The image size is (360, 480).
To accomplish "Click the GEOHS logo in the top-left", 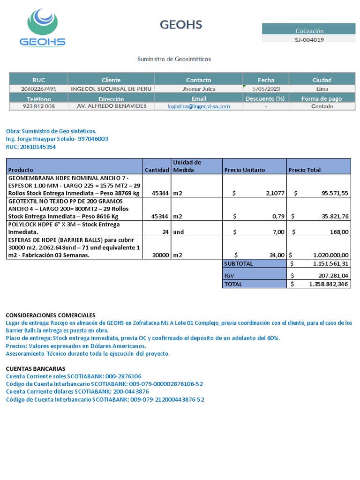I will pyautogui.click(x=43, y=28).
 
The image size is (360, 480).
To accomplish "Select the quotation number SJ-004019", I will pyautogui.click(x=309, y=39).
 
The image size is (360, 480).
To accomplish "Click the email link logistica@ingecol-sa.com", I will pyautogui.click(x=199, y=106).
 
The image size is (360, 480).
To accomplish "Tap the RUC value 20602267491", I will pyautogui.click(x=39, y=89).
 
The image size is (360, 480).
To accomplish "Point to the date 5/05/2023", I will pyautogui.click(x=266, y=89).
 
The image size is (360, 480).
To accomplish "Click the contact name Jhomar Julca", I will pyautogui.click(x=199, y=89).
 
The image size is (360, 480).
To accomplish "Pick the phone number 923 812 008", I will pyautogui.click(x=39, y=106).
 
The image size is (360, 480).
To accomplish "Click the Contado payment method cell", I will pyautogui.click(x=322, y=106).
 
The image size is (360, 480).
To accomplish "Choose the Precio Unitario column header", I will pyautogui.click(x=244, y=170).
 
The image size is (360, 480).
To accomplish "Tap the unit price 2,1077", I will pyautogui.click(x=275, y=193).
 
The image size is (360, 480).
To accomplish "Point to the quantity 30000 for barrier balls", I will pyautogui.click(x=160, y=255).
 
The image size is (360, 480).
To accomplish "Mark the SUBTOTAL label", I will pyautogui.click(x=239, y=263).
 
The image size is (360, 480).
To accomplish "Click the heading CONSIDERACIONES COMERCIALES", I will pyautogui.click(x=50, y=315).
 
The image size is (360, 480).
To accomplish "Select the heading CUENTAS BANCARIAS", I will pyautogui.click(x=36, y=368).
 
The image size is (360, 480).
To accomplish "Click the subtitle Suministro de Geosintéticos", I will pyautogui.click(x=174, y=59).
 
